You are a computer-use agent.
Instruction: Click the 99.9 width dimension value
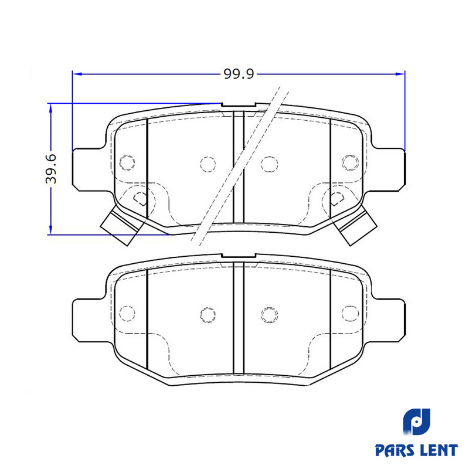(x=239, y=74)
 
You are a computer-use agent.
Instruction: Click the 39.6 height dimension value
(x=51, y=169)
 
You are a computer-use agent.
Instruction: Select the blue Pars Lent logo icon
(x=416, y=422)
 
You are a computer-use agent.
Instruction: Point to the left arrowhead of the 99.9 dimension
(x=77, y=74)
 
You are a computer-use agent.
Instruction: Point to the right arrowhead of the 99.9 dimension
(x=400, y=74)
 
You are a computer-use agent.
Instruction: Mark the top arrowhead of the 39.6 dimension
(x=51, y=108)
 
